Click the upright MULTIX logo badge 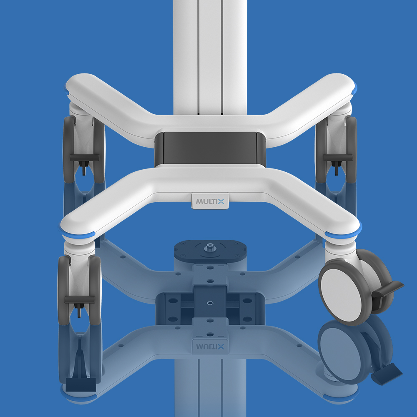pyautogui.click(x=210, y=201)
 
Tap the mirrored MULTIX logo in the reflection pyautogui.click(x=210, y=346)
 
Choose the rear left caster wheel pyautogui.click(x=84, y=150)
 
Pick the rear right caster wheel pyautogui.click(x=336, y=150)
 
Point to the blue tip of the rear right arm pyautogui.click(x=355, y=89)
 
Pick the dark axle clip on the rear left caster pyautogui.click(x=84, y=157)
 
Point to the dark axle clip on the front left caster pyautogui.click(x=79, y=299)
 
